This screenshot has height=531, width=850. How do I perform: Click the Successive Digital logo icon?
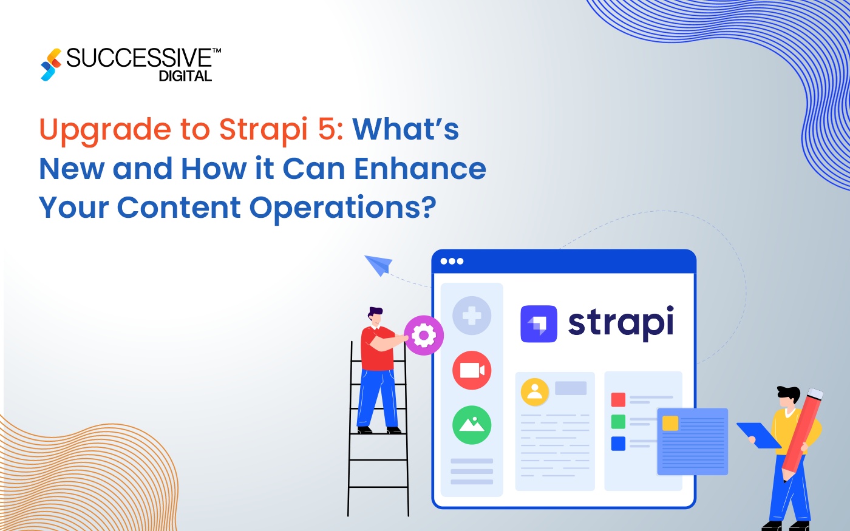click(51, 64)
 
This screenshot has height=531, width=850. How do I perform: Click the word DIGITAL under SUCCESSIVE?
click(185, 76)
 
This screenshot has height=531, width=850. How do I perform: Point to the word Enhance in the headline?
click(420, 169)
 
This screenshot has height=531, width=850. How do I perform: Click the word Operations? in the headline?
click(343, 208)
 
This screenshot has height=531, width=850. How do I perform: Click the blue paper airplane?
click(378, 264)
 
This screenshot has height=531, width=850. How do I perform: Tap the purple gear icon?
click(423, 335)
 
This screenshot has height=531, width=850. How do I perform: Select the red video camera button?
click(472, 370)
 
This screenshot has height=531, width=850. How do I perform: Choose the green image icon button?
click(472, 425)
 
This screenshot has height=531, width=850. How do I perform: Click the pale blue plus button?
click(472, 316)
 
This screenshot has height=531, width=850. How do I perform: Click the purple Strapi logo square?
click(539, 324)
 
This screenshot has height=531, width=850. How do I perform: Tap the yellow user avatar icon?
click(535, 391)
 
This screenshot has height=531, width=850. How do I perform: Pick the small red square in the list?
click(618, 399)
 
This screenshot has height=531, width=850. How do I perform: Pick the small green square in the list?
click(618, 421)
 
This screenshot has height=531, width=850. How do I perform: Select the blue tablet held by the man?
click(758, 436)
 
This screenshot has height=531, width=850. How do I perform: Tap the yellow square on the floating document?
click(670, 423)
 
